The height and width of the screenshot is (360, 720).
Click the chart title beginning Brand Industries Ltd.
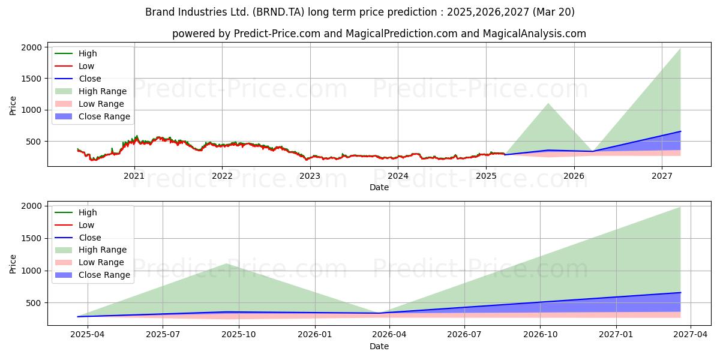click(x=360, y=12)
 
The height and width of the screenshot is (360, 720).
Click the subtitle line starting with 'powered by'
click(x=379, y=34)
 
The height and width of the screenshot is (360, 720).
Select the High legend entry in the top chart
click(x=88, y=53)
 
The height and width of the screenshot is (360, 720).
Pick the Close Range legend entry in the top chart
click(x=104, y=116)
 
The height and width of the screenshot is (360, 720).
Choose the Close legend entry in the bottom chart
click(x=89, y=238)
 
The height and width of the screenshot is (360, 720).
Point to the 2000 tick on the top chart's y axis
click(x=32, y=47)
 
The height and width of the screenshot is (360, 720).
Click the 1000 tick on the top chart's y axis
click(x=32, y=110)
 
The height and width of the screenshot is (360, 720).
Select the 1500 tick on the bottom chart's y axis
click(x=32, y=238)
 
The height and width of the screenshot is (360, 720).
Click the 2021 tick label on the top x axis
click(x=134, y=176)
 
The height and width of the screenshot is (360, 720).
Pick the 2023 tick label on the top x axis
click(x=310, y=176)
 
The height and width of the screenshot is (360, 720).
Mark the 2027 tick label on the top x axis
click(x=662, y=176)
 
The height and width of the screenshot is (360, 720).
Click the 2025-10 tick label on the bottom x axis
click(x=239, y=335)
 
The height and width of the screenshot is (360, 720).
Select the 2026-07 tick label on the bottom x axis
click(x=465, y=335)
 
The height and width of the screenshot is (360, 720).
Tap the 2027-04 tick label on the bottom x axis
click(x=691, y=335)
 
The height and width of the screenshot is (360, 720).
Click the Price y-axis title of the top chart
click(x=13, y=106)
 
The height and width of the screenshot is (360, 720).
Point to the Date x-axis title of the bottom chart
click(x=379, y=346)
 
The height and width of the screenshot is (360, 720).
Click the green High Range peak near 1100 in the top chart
click(x=548, y=104)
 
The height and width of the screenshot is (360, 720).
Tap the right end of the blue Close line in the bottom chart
click(x=680, y=293)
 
